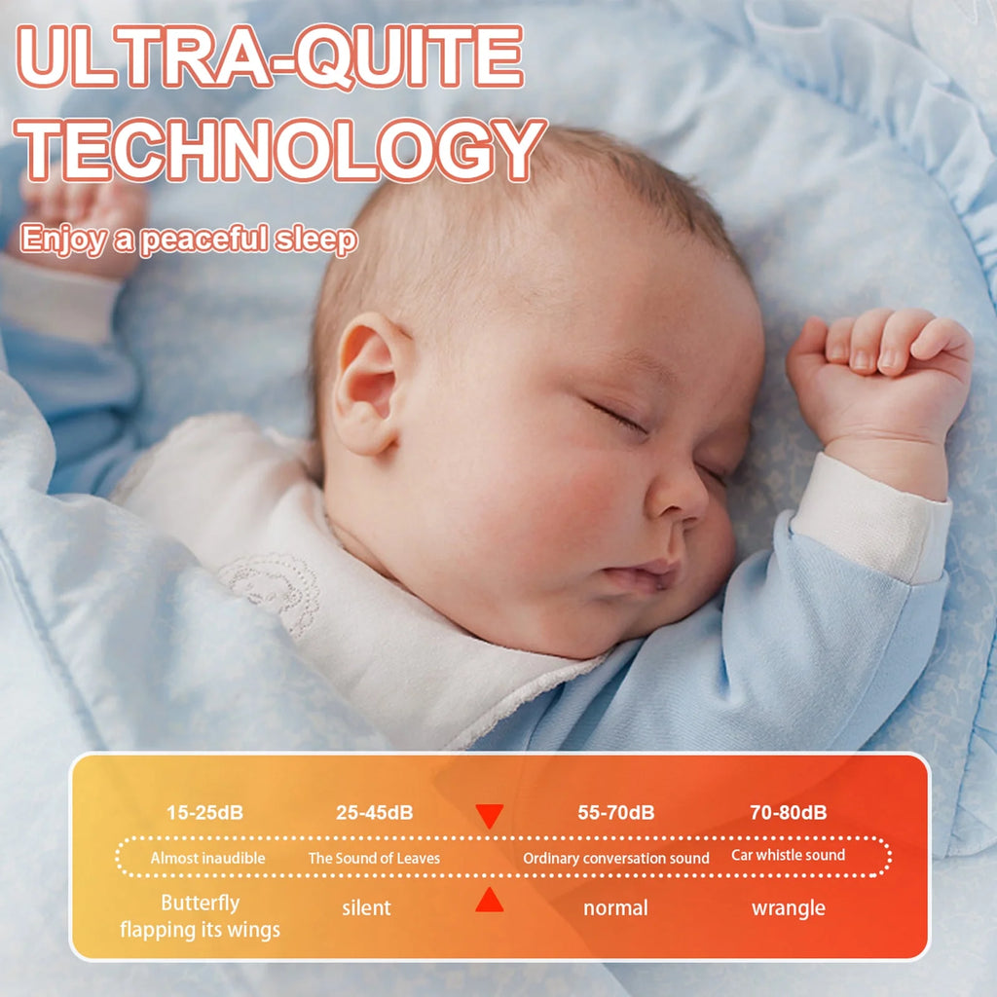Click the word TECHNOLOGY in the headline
(x=283, y=151)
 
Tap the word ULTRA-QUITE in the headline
(x=272, y=57)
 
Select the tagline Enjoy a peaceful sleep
(x=189, y=239)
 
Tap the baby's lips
(x=644, y=574)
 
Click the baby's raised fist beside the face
(x=876, y=375)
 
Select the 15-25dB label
(x=204, y=813)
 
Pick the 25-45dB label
(x=374, y=813)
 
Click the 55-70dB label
(x=615, y=813)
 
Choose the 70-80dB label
(x=788, y=813)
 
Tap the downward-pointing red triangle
(x=490, y=816)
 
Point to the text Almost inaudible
(x=207, y=858)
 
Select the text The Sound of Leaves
(x=374, y=858)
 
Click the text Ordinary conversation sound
(x=616, y=858)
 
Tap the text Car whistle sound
(x=788, y=855)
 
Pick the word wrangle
(x=788, y=908)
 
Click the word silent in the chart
(x=366, y=908)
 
